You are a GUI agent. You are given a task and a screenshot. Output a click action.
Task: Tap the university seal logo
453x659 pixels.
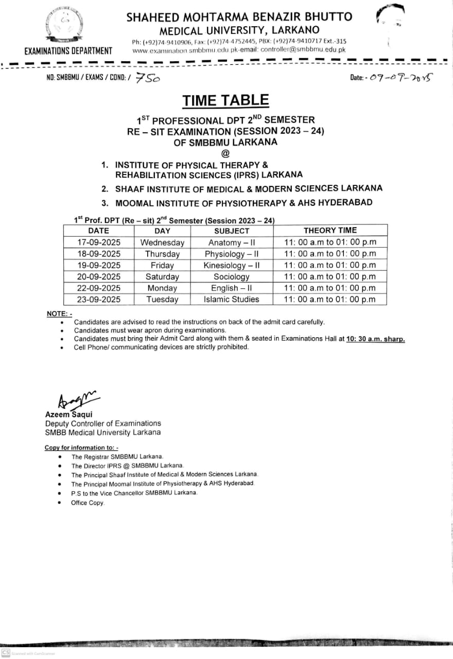pyautogui.click(x=65, y=24)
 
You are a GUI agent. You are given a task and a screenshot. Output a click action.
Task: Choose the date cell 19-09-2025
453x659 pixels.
pyautogui.click(x=99, y=265)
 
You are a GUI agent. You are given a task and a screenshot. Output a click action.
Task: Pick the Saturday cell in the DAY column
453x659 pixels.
pyautogui.click(x=162, y=276)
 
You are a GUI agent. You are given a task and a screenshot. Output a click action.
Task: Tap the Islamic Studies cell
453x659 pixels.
pyautogui.click(x=232, y=299)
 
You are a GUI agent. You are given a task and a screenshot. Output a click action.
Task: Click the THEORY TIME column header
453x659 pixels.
pyautogui.click(x=329, y=231)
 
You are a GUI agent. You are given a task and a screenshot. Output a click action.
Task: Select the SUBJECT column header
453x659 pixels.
pyautogui.click(x=232, y=231)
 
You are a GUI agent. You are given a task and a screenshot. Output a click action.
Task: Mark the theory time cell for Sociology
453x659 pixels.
pyautogui.click(x=329, y=276)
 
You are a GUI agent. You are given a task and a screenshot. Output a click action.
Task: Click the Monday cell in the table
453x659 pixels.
pyautogui.click(x=162, y=288)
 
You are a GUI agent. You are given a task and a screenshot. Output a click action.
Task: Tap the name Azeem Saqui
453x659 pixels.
pyautogui.click(x=69, y=414)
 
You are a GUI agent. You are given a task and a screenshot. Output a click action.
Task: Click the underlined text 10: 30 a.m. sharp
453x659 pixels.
pyautogui.click(x=375, y=339)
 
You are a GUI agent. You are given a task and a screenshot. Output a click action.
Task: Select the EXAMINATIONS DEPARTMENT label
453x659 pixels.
pyautogui.click(x=68, y=50)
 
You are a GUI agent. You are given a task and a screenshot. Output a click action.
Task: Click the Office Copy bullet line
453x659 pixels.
pyautogui.click(x=88, y=502)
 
